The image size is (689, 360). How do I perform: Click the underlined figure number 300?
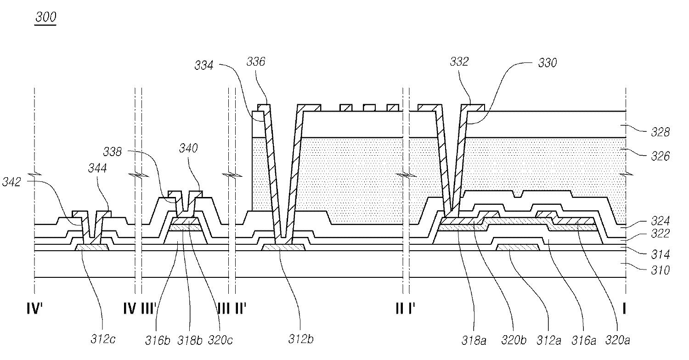[x=45, y=17]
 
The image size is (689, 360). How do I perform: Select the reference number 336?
[x=256, y=62]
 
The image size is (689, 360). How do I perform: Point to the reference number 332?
[x=459, y=62]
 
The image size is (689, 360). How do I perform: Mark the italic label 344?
[x=97, y=169]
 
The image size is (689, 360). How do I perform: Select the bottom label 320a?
[x=618, y=341]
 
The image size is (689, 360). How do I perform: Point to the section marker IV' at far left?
[x=35, y=309]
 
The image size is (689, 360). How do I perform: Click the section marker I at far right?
[x=624, y=309]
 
